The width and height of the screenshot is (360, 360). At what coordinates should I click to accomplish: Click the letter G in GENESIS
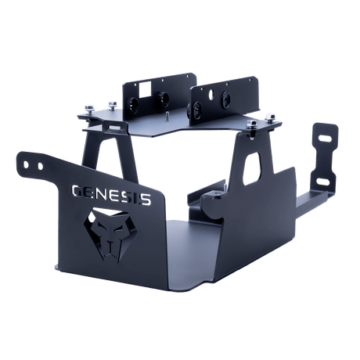(x=77, y=191)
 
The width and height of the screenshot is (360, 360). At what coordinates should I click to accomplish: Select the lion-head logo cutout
(x=111, y=233)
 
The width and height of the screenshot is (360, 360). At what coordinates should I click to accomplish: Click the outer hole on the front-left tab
(x=26, y=164)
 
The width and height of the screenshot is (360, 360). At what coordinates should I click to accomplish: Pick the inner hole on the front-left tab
(x=40, y=166)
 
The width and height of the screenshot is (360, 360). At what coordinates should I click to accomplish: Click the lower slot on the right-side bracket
(x=323, y=181)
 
